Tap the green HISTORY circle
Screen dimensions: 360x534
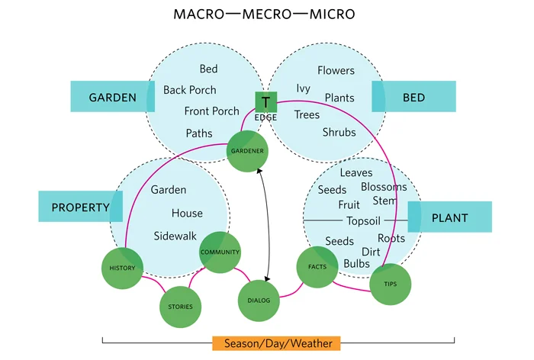tap(122, 268)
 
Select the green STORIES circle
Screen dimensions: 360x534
tap(181, 307)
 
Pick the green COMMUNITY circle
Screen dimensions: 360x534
tap(220, 252)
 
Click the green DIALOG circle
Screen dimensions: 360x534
tap(259, 300)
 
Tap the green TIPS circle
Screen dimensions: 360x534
tap(390, 284)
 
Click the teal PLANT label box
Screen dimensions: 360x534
tap(449, 217)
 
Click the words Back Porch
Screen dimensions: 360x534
tap(190, 90)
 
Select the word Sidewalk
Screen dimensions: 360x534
tap(175, 236)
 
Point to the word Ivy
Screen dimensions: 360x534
tap(303, 88)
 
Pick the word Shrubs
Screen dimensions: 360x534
tap(339, 132)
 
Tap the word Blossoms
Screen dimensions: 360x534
tap(384, 187)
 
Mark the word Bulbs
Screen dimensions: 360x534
tap(356, 263)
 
